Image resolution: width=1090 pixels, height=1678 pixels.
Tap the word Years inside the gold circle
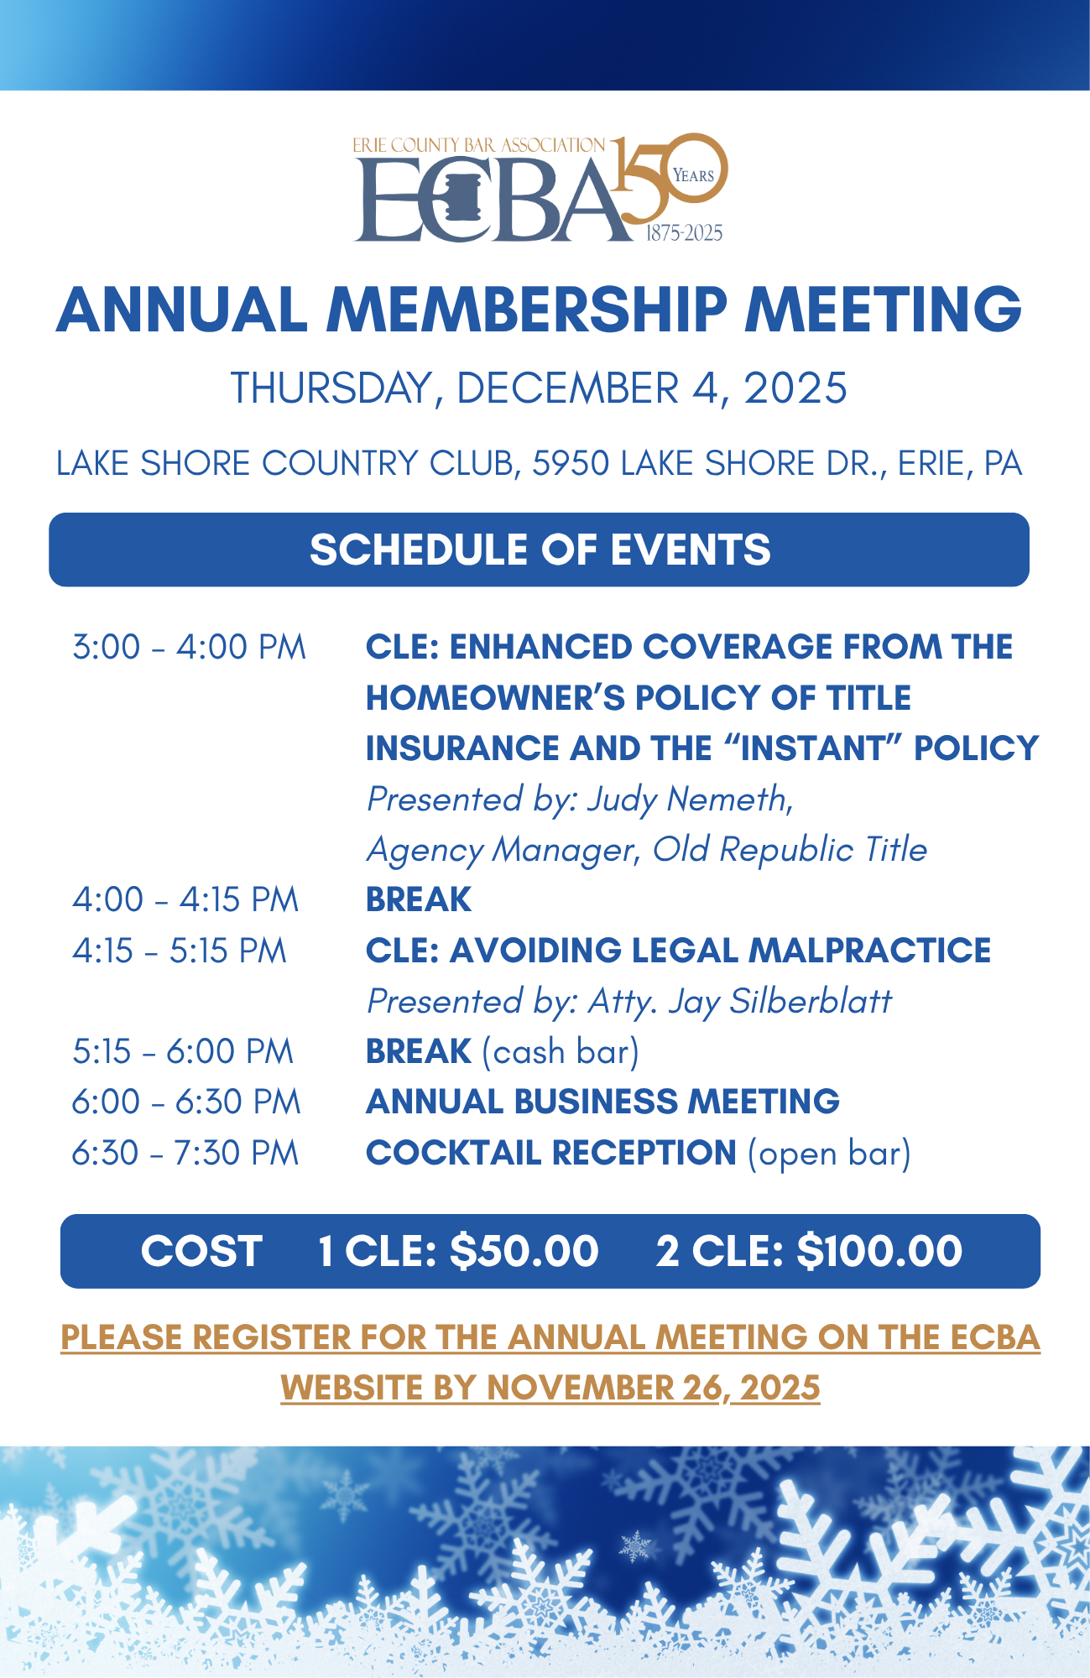coord(693,175)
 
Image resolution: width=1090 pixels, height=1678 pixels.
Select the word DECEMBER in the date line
coord(567,388)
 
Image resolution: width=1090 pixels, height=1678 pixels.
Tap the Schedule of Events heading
coord(540,550)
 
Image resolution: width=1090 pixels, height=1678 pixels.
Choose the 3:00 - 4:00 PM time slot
coord(189,648)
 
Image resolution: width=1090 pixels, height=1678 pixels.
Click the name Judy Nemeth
coord(688,799)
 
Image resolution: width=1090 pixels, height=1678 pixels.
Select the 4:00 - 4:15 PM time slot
coord(185,900)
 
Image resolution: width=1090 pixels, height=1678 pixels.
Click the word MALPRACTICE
coord(869,951)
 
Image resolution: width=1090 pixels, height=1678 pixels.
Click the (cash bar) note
coord(561,1052)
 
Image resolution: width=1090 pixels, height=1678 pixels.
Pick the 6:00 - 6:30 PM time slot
coord(186,1102)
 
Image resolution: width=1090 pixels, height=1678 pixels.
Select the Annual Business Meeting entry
coord(602,1102)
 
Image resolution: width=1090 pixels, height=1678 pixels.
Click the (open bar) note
coord(829,1154)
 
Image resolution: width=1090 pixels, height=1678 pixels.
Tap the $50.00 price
coord(524,1252)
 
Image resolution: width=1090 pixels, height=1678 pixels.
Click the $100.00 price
coord(879,1252)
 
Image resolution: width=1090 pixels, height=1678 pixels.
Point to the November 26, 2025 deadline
coord(653,1388)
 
